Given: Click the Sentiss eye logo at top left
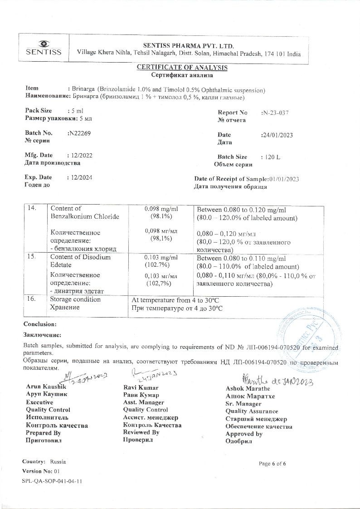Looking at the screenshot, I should pyautogui.click(x=44, y=44).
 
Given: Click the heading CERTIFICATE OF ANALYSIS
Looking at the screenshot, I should pyautogui.click(x=182, y=68).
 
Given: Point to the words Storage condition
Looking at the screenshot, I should pyautogui.click(x=75, y=299).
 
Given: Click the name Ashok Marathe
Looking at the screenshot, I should pyautogui.click(x=248, y=388).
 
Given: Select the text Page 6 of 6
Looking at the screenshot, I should pyautogui.click(x=272, y=463).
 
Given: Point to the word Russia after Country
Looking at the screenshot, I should pyautogui.click(x=58, y=461).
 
